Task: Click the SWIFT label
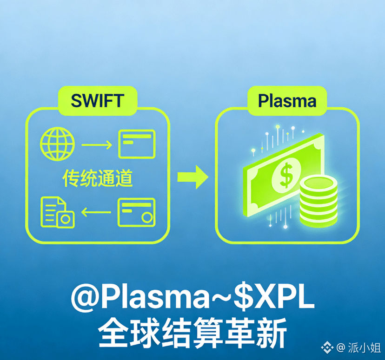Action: [97, 101]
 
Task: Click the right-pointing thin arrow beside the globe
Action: [96, 144]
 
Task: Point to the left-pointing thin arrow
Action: [96, 213]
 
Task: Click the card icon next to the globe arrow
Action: [136, 144]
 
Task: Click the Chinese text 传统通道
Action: [97, 178]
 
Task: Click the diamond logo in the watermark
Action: [329, 347]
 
